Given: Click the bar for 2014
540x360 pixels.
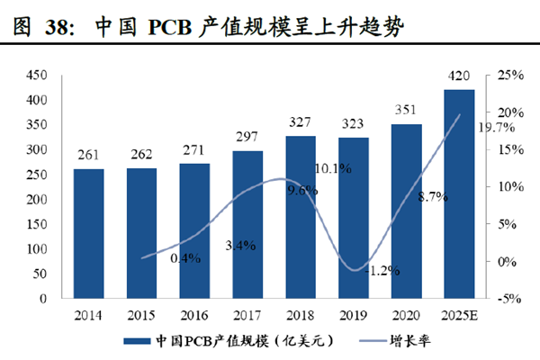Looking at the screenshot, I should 88,233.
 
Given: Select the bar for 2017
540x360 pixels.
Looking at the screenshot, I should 247,224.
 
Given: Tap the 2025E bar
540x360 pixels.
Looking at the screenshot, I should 460,193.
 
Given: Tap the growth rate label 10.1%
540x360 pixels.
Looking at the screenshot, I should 331,168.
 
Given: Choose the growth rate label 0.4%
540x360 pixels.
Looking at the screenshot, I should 187,259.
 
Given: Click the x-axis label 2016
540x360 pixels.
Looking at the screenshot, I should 194,315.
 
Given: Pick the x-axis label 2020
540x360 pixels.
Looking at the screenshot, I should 407,315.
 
